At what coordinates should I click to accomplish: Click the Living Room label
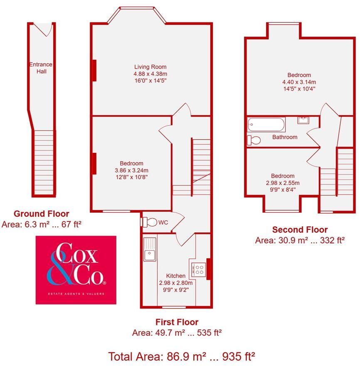[x=150, y=67]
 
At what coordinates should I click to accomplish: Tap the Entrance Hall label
[x=41, y=68]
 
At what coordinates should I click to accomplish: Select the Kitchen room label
[x=176, y=276]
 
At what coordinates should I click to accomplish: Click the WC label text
[x=163, y=223]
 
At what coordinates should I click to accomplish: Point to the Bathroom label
[x=285, y=137]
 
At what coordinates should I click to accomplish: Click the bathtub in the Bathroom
[x=266, y=123]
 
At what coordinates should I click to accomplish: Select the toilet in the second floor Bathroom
[x=254, y=140]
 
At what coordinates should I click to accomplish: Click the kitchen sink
[x=149, y=249]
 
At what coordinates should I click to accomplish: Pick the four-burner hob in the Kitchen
[x=198, y=269]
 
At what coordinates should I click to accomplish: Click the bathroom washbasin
[x=303, y=121]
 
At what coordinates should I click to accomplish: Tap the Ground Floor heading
[x=42, y=214]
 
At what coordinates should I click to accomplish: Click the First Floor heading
[x=177, y=322]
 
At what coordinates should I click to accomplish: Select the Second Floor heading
[x=300, y=230]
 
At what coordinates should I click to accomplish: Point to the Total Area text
[x=181, y=356]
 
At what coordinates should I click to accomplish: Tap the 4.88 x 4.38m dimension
[x=150, y=74]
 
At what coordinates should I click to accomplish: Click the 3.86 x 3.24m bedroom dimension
[x=131, y=170]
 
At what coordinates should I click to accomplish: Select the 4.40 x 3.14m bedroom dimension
[x=299, y=82]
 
